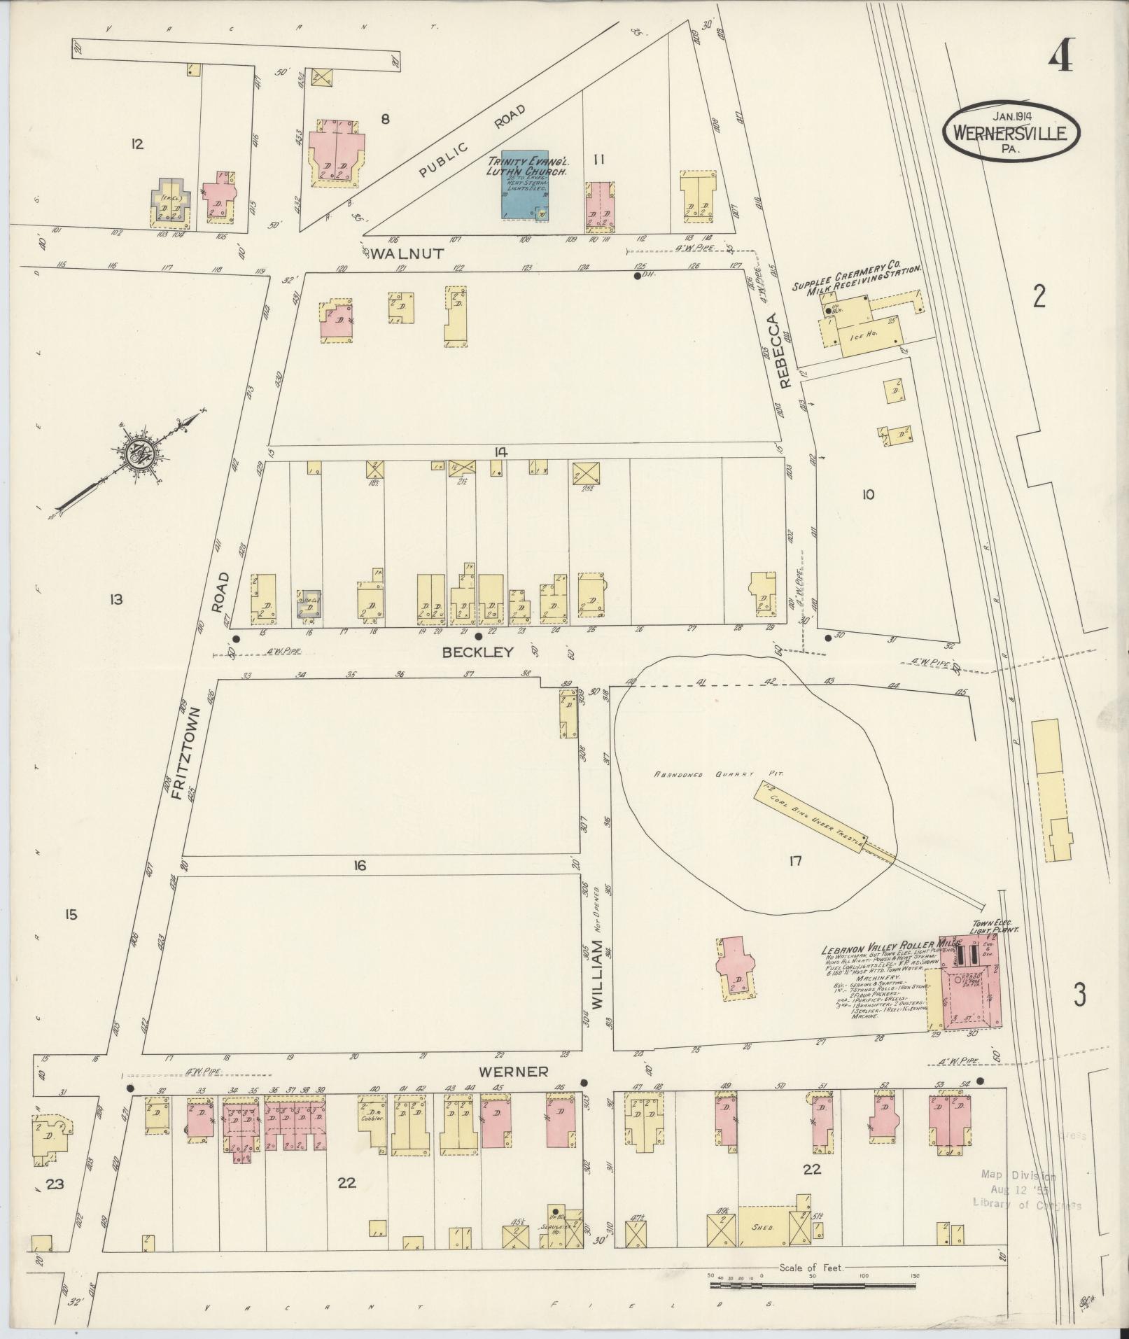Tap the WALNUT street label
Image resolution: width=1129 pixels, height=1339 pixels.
407,254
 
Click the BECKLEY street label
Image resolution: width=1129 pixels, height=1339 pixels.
478,652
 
